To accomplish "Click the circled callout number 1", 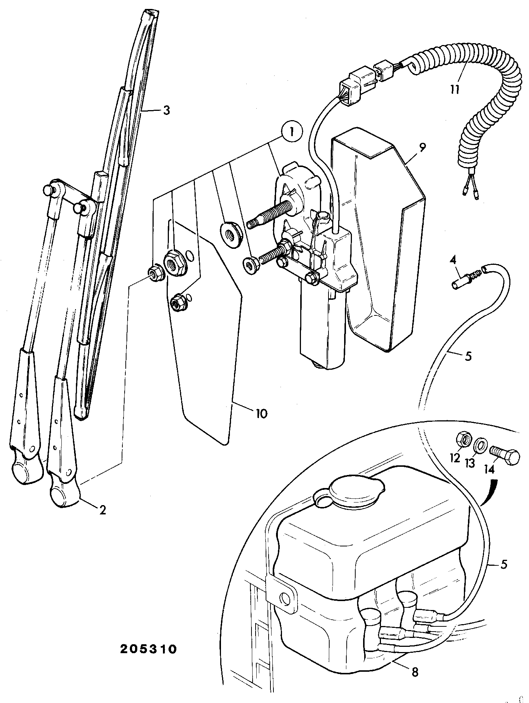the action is click(x=292, y=132).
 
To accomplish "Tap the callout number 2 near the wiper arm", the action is click(x=102, y=509).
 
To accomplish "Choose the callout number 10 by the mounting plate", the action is click(x=261, y=413).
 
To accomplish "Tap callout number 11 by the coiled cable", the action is click(x=454, y=89).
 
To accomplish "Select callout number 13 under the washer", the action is click(x=471, y=464).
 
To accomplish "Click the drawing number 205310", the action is click(x=148, y=649).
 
